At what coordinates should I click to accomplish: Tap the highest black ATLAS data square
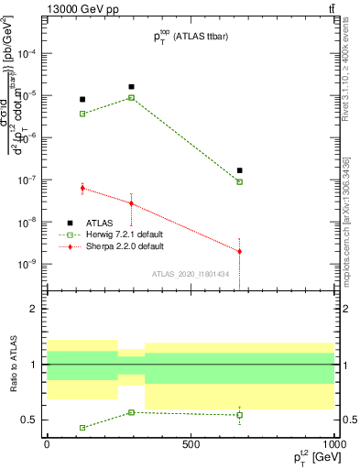point(132,87)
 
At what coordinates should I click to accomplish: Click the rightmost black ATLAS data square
point(239,170)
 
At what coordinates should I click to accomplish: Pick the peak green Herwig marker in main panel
point(132,97)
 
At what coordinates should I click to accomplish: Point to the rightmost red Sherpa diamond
point(239,251)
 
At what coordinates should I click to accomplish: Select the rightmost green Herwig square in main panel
point(239,182)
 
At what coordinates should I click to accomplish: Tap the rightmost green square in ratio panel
point(239,415)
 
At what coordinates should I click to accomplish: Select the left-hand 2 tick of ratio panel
point(38,310)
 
